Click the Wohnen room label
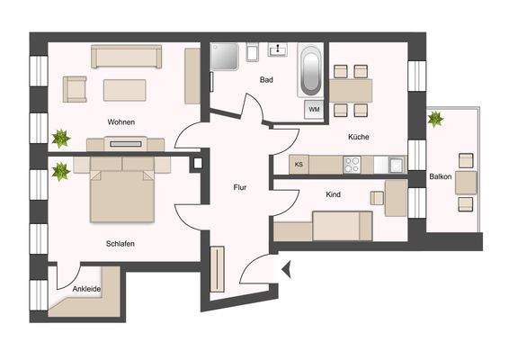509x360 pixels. [x=122, y=121]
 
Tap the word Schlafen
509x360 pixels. [x=120, y=243]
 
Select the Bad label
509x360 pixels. [x=266, y=80]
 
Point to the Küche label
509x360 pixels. [x=360, y=137]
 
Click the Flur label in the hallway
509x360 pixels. [x=240, y=188]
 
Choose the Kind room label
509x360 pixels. [x=334, y=194]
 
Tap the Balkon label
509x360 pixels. [x=441, y=177]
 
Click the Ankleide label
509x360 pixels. [x=86, y=289]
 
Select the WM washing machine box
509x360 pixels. [x=314, y=109]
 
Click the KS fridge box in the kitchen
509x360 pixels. [x=299, y=165]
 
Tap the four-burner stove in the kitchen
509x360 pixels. [x=352, y=165]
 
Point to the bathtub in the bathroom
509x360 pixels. [x=311, y=71]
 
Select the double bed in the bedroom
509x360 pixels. [x=121, y=191]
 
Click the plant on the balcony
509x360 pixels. [x=436, y=118]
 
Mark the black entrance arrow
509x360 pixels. [x=286, y=267]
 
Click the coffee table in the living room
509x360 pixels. [x=124, y=89]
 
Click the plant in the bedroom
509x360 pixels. [x=61, y=170]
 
